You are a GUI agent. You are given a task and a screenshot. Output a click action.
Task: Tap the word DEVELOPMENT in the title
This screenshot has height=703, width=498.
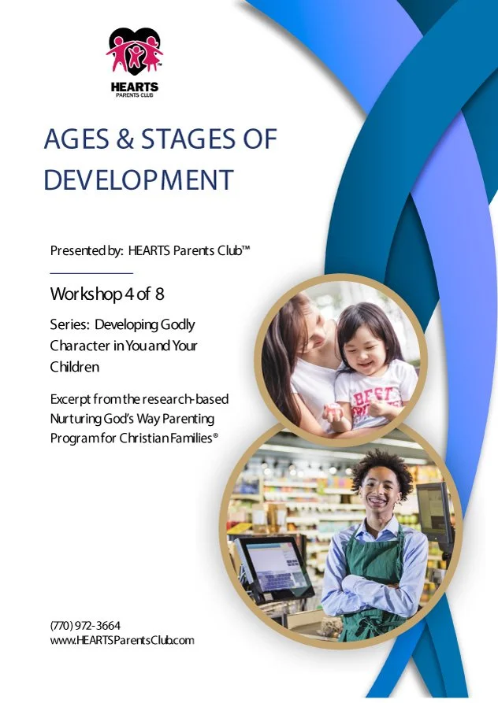(x=139, y=179)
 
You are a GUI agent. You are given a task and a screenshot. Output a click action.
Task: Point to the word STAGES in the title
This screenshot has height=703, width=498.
(x=187, y=140)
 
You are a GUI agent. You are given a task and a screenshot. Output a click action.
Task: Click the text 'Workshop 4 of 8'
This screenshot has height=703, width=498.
(x=107, y=294)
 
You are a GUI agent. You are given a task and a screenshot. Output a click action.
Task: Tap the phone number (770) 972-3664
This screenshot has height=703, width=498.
(x=85, y=625)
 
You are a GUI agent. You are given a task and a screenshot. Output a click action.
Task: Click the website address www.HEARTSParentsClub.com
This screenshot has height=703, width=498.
(x=121, y=640)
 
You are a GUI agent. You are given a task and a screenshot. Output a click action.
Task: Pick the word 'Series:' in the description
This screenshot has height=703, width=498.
(x=69, y=325)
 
